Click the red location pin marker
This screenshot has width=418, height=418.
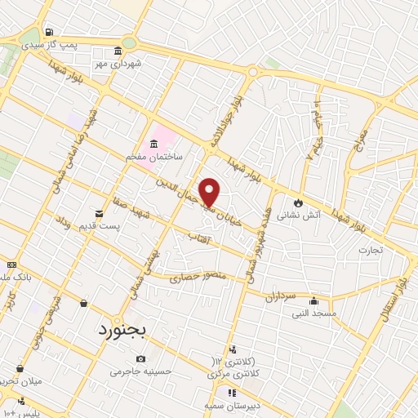[210, 191]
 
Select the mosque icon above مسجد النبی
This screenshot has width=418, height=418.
[313, 301]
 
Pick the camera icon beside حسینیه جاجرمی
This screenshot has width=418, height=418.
[141, 358]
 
